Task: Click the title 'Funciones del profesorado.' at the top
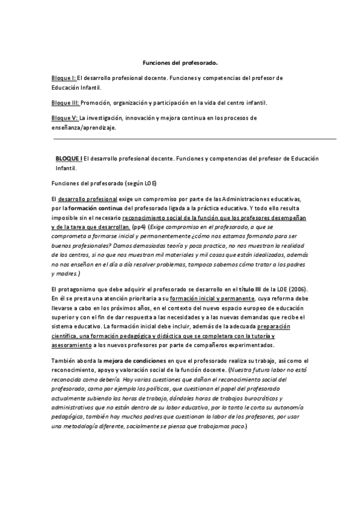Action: tap(180, 63)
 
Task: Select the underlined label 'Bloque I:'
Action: tap(64, 79)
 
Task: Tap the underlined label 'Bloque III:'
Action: tap(66, 103)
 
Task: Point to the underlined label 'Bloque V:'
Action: tap(65, 118)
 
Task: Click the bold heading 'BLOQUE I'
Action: tap(69, 159)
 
